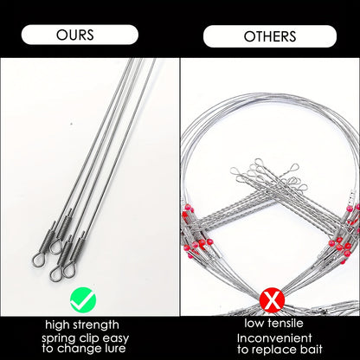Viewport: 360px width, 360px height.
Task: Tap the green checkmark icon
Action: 84,301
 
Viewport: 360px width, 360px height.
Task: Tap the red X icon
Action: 270,301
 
